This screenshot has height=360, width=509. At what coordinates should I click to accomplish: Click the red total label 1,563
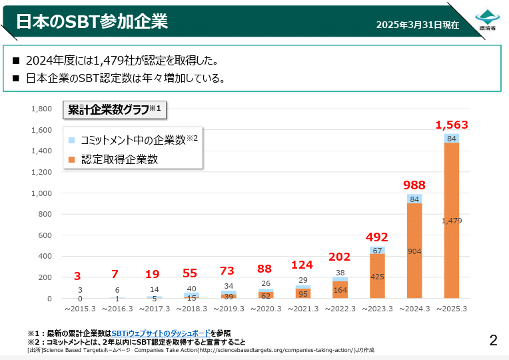(452, 125)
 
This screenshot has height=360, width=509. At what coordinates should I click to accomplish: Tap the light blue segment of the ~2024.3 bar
(414, 199)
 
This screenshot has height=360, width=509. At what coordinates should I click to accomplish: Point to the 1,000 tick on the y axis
(42, 193)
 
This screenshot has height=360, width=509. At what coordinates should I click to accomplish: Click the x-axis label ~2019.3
(229, 309)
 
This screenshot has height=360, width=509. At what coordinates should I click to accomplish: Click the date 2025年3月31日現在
(417, 25)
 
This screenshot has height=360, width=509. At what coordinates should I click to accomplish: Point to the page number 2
(493, 341)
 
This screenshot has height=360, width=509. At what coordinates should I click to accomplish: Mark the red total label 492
(377, 237)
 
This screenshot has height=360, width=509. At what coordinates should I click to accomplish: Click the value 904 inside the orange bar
(414, 251)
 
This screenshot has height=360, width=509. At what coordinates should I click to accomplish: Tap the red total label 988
(414, 185)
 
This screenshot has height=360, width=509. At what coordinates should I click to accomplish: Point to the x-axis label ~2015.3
(79, 309)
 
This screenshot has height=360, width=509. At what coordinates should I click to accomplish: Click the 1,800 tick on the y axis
(42, 109)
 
